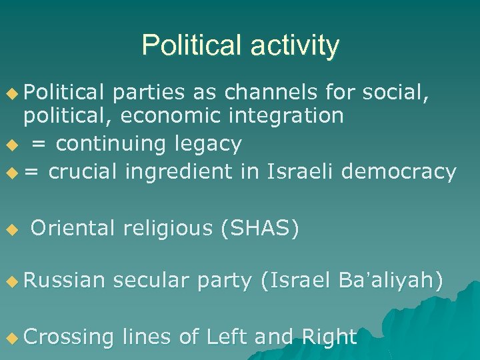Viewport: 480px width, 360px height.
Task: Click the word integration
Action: [291, 116]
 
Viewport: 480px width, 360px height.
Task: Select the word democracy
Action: [398, 171]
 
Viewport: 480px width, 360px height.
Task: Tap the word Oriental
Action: [73, 228]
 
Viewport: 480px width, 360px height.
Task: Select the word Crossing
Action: [69, 337]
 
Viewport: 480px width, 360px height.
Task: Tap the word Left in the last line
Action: [227, 337]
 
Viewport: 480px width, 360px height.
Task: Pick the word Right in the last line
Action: [329, 337]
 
